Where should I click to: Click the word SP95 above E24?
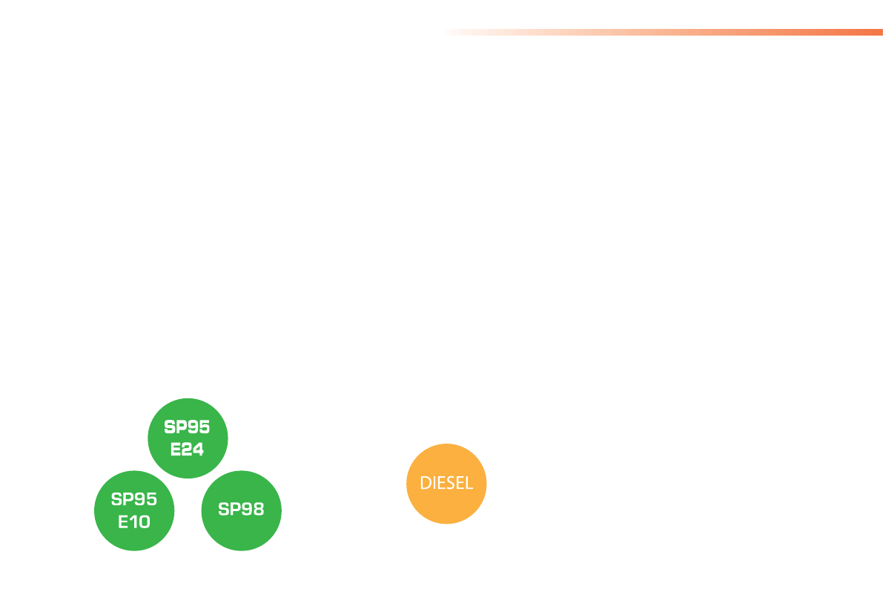coord(187,428)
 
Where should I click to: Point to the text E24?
coord(187,449)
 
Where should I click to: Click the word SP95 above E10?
coord(134,499)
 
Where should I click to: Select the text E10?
coord(134,521)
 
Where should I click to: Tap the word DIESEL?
coord(446,484)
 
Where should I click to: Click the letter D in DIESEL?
coord(426,484)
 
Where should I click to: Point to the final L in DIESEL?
coord(469,484)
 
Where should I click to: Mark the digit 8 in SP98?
coord(257,510)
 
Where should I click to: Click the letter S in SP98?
coord(225,510)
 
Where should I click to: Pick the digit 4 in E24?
coord(197,449)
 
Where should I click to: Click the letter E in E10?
coord(124,521)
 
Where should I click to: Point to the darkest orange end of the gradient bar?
coord(879,32)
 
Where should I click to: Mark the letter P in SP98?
coord(236,510)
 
